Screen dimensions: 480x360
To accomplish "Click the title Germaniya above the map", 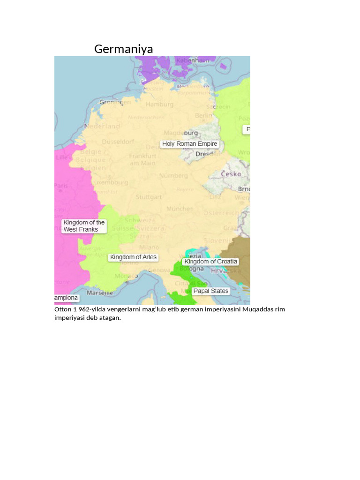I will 123,49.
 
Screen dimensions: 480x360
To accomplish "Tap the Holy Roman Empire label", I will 189,144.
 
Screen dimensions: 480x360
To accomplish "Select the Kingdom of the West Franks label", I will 84,226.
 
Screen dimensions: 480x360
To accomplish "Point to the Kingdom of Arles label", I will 133,257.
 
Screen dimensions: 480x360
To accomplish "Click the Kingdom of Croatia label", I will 211,262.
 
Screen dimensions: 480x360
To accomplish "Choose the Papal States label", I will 210,291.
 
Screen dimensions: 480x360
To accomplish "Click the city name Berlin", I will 203,115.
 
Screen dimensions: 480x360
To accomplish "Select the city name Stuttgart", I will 149,197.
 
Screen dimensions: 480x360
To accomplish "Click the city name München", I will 180,208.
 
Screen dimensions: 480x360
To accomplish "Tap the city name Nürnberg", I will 173,176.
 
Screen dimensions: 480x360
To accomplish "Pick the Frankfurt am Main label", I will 142,159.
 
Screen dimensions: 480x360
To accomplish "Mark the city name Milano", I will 149,247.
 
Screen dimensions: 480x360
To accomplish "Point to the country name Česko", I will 231,174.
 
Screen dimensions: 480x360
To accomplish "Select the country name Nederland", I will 102,126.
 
